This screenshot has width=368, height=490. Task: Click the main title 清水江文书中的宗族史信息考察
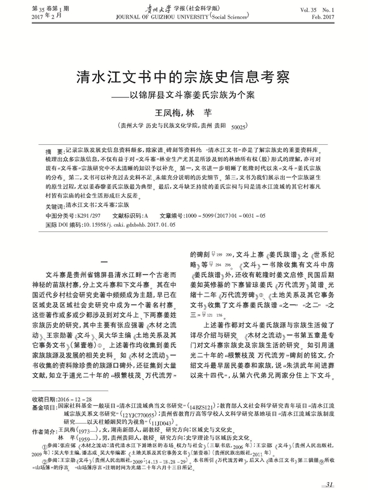(183, 77)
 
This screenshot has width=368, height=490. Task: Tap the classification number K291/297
(88, 208)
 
